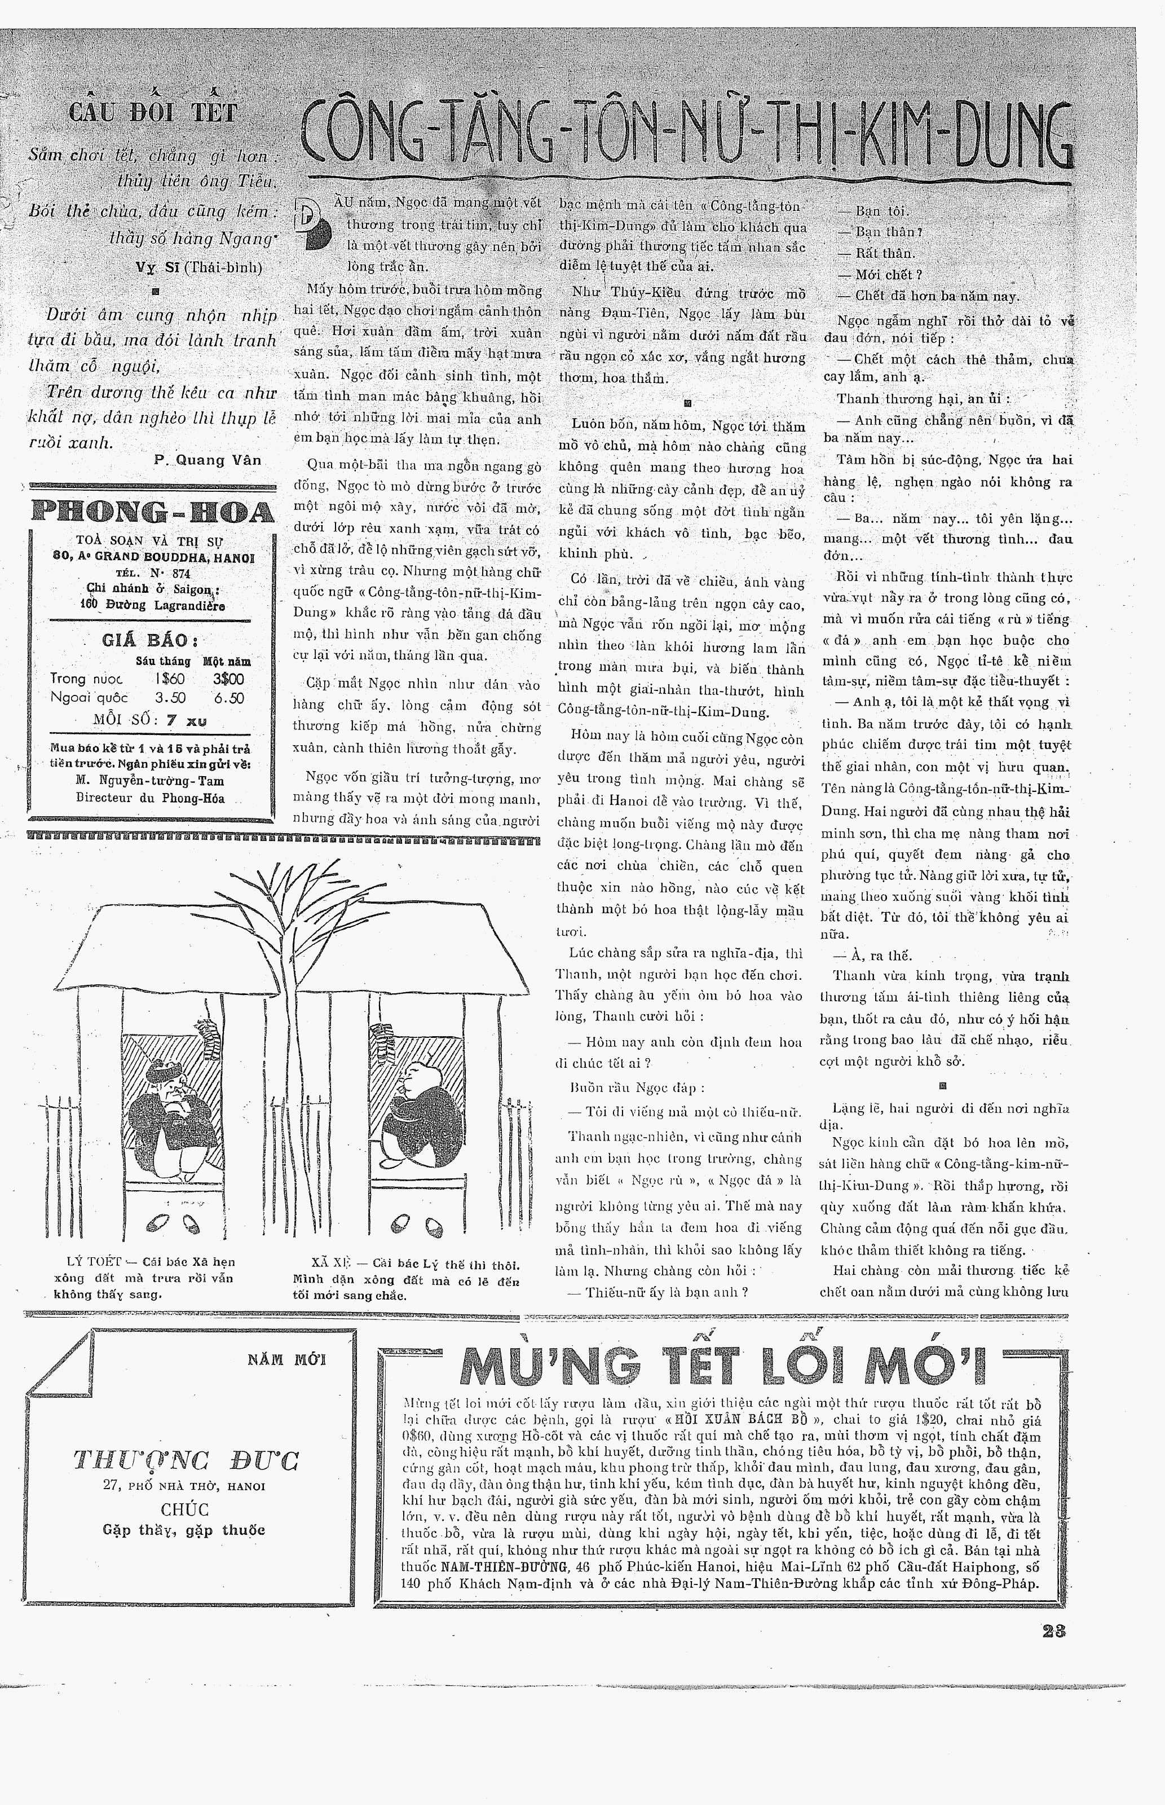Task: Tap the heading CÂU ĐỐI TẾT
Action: click(153, 113)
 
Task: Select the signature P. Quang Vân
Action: click(208, 460)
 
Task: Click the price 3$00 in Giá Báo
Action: click(228, 679)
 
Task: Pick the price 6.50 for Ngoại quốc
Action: click(228, 698)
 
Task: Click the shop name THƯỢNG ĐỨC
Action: click(186, 1459)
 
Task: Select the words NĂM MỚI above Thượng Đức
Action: click(286, 1359)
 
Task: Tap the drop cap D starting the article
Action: click(312, 221)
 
